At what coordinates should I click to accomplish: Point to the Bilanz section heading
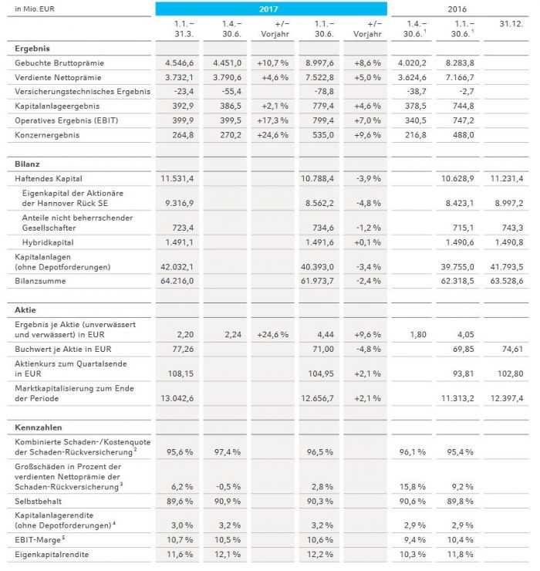(x=29, y=164)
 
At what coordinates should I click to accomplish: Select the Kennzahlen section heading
(x=38, y=427)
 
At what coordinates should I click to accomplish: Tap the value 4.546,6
(x=182, y=63)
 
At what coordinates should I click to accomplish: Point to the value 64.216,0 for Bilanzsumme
(x=181, y=281)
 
